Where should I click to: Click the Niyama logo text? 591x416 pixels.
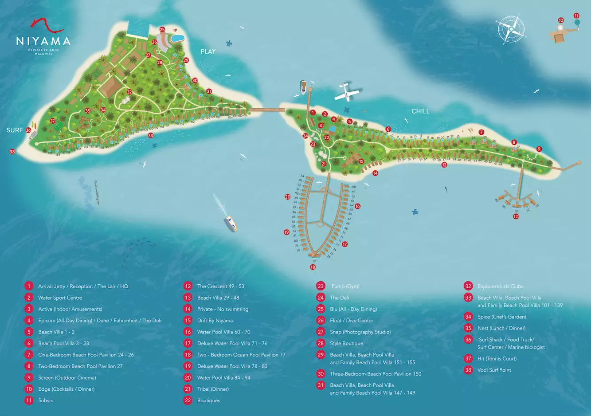click(43, 41)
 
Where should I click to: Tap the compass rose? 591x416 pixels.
click(511, 29)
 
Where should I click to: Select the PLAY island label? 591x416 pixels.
click(208, 51)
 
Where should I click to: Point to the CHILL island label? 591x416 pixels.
click(420, 111)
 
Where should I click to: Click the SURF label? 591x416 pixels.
click(14, 130)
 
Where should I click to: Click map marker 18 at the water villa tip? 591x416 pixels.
click(313, 267)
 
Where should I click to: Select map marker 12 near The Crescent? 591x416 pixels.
click(516, 216)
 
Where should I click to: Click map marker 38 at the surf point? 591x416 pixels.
click(12, 152)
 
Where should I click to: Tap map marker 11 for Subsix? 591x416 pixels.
click(576, 16)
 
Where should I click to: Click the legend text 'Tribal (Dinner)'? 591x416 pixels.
click(213, 389)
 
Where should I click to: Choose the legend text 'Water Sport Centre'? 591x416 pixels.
click(60, 298)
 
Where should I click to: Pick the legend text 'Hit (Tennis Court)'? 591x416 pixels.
click(497, 358)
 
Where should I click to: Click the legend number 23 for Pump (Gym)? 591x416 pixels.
click(321, 286)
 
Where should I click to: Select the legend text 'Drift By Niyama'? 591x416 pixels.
click(215, 320)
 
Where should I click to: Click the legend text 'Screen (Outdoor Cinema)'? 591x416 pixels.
click(67, 377)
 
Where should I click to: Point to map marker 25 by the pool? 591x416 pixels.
click(162, 30)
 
